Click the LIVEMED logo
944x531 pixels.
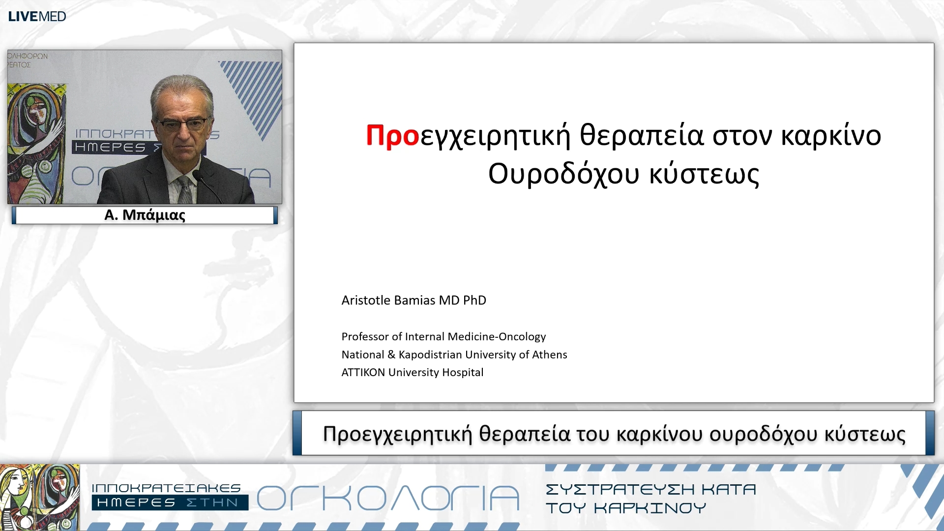[37, 16]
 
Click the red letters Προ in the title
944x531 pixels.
[392, 136]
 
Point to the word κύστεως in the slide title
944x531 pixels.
[704, 174]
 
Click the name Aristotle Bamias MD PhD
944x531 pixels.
[413, 300]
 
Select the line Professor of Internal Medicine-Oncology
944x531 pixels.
[443, 337]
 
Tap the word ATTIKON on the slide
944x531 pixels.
[363, 373]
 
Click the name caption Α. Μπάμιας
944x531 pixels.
[145, 215]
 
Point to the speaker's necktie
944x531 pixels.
[185, 189]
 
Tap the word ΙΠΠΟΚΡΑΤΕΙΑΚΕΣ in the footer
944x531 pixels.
[166, 488]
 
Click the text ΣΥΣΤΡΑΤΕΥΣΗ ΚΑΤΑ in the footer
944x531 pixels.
[650, 490]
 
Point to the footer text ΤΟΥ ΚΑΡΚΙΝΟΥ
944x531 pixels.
[625, 508]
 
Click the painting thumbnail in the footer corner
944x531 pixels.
[39, 497]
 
